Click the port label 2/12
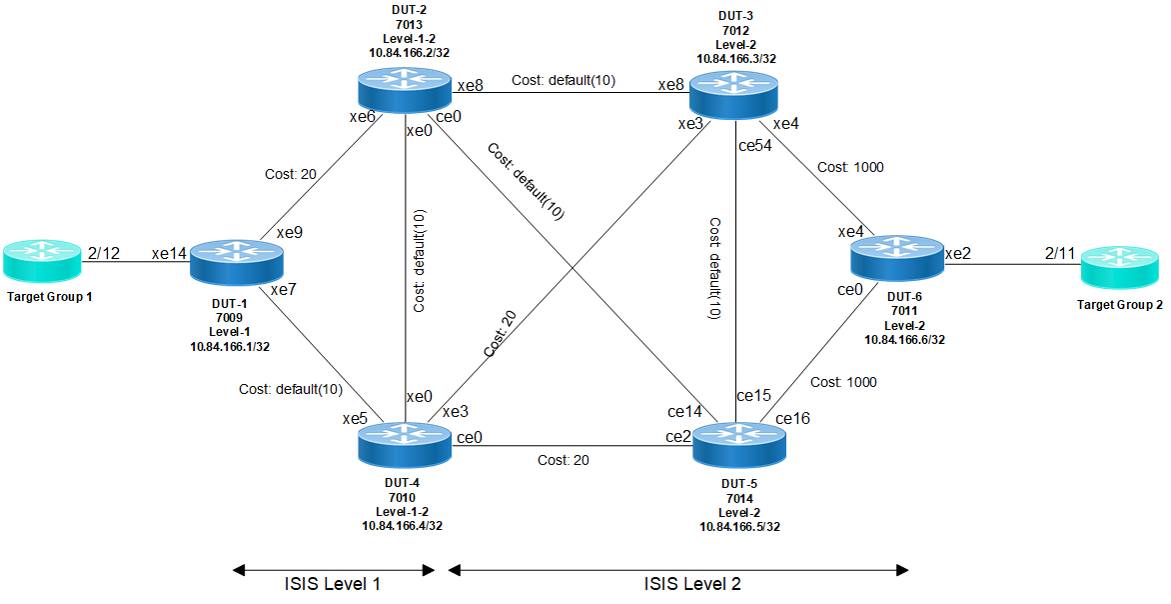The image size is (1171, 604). point(104,253)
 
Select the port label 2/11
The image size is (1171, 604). point(1059,253)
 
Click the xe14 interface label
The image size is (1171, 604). point(168,253)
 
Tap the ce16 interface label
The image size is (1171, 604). point(792,417)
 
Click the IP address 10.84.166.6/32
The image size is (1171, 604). point(904,339)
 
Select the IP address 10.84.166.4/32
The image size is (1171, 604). point(402,524)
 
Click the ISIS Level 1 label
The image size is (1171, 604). point(332,583)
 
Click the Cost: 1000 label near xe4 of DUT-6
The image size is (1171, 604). point(850,168)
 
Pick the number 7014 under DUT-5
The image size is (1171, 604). point(739,498)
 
